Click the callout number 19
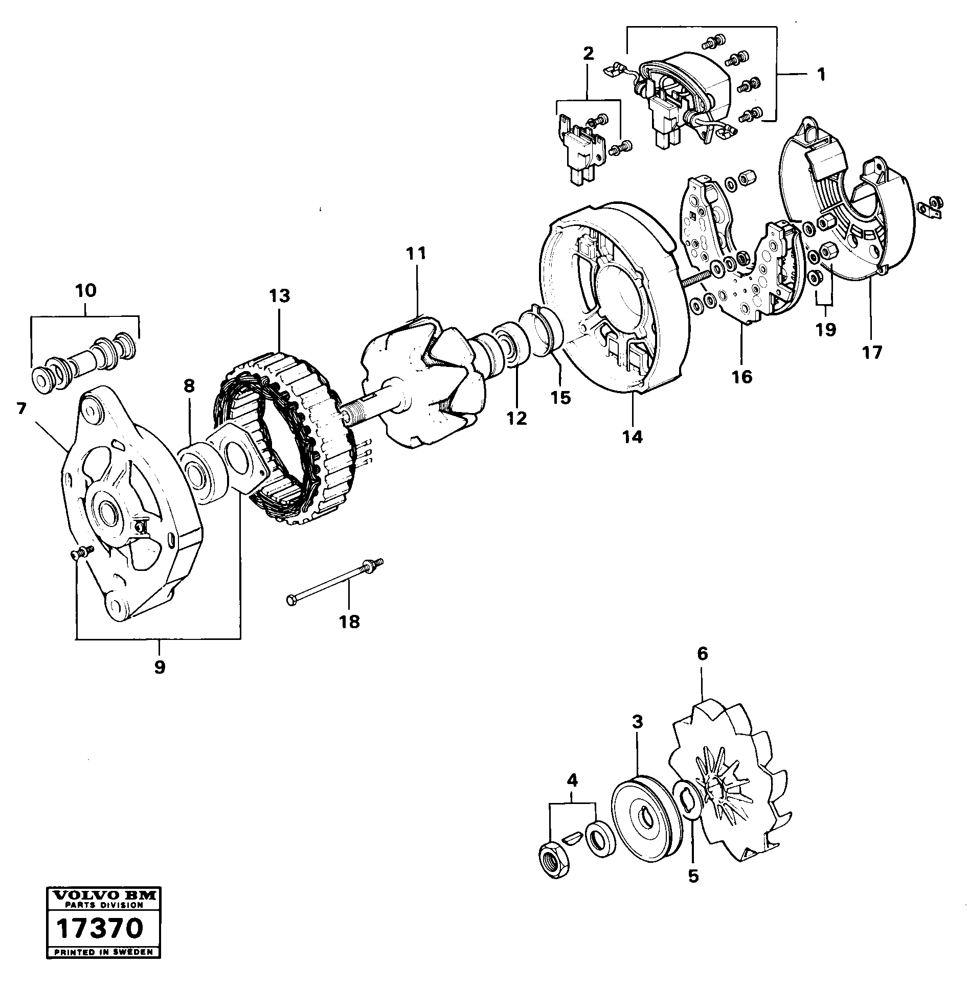pyautogui.click(x=826, y=330)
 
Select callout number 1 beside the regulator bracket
pyautogui.click(x=821, y=75)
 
